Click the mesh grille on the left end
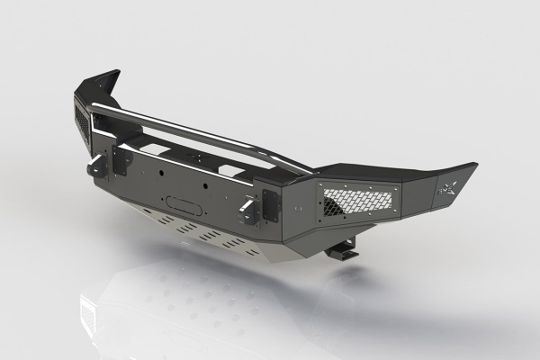[x=81, y=125]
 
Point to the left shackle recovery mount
[x=96, y=166]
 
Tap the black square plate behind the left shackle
[x=119, y=164]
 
